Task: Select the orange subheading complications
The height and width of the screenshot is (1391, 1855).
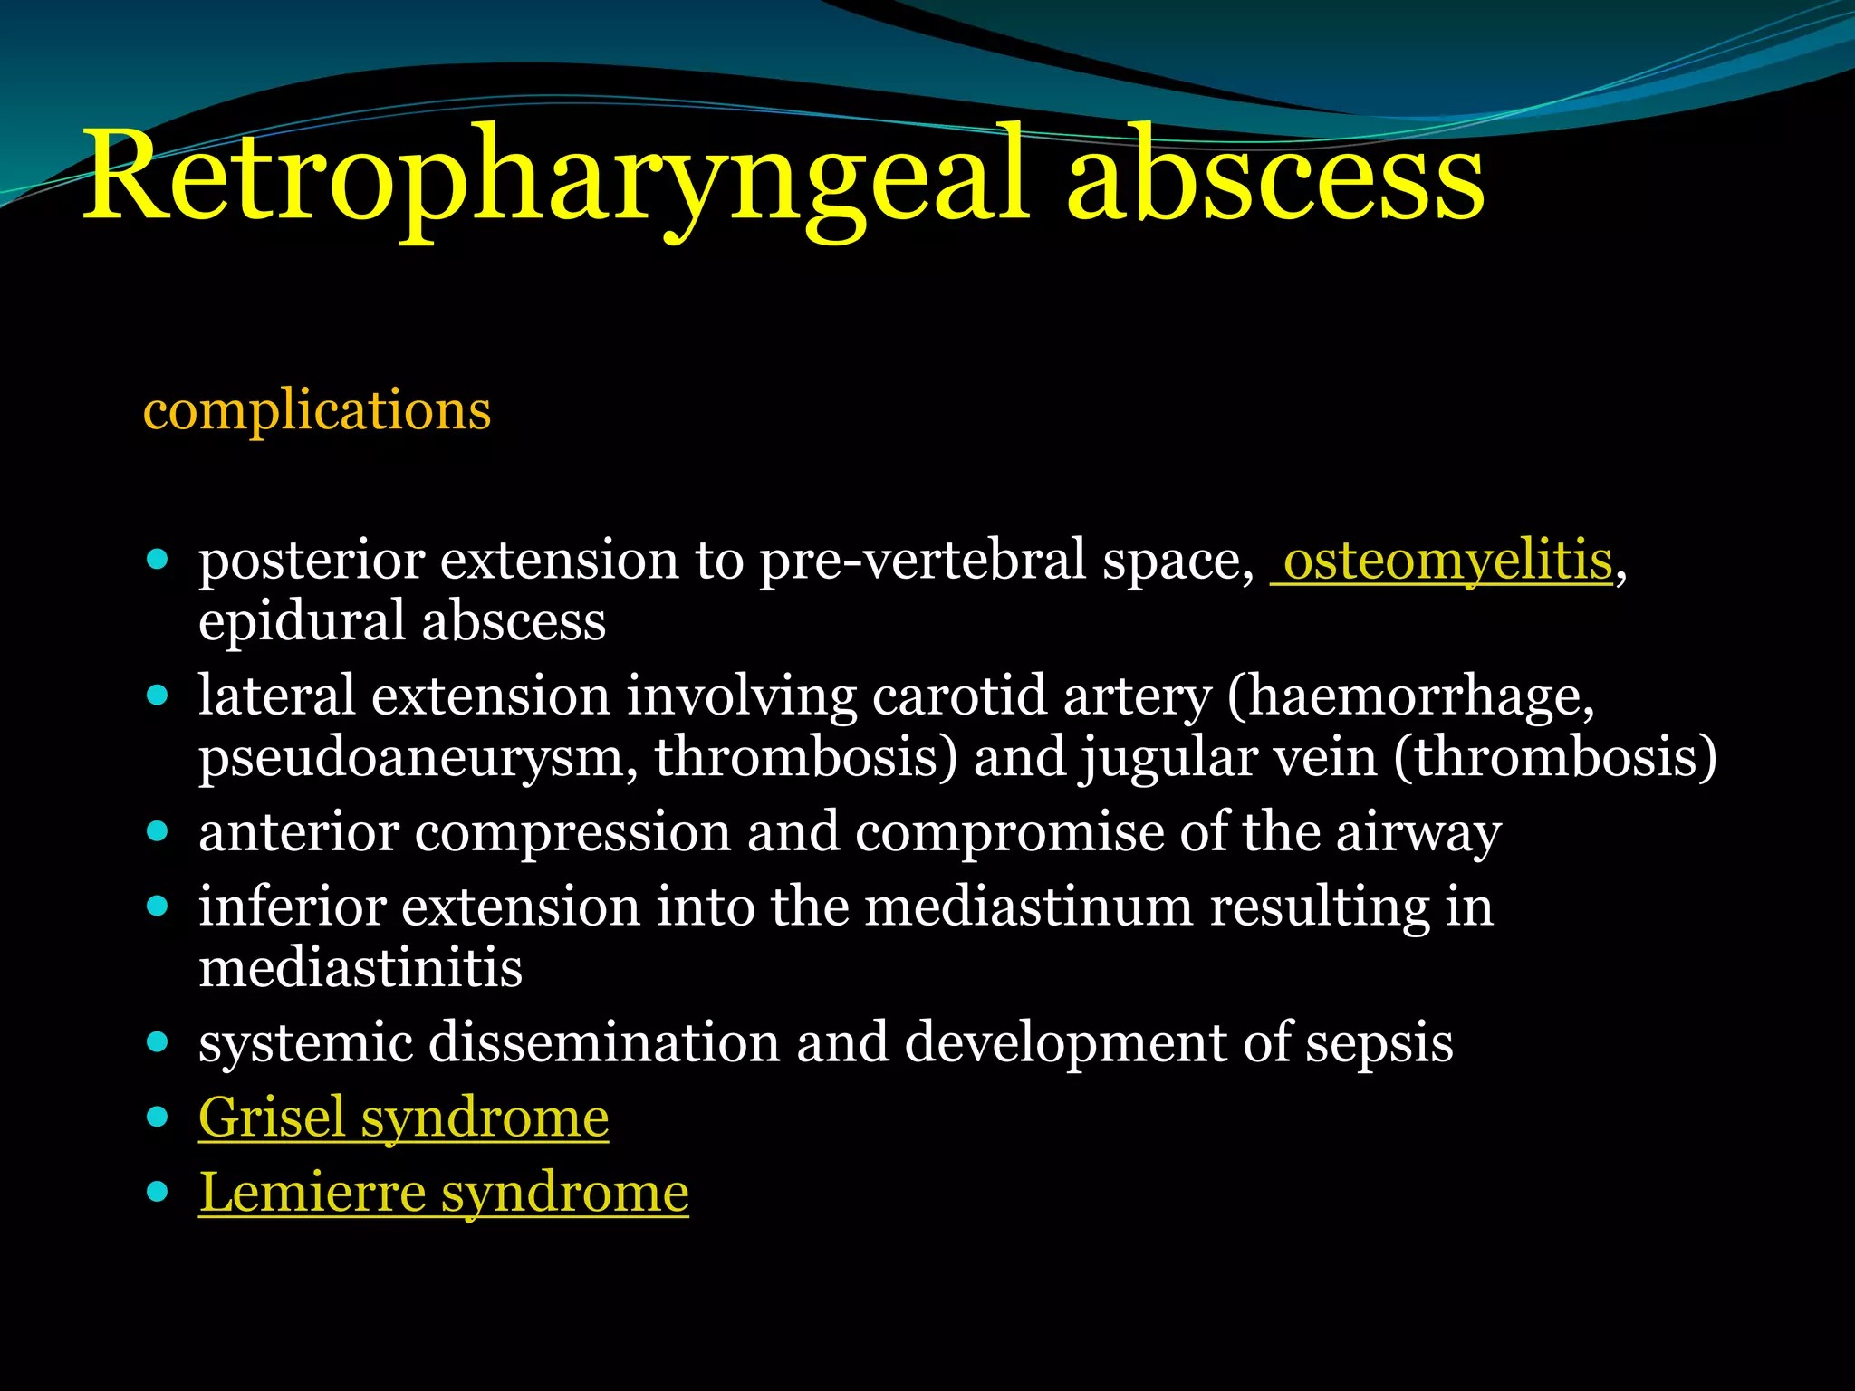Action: click(x=317, y=410)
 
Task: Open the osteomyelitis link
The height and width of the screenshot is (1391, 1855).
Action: click(x=1447, y=561)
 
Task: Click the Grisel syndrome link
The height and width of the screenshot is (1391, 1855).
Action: click(x=403, y=1118)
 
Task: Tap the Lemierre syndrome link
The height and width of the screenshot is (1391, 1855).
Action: click(x=444, y=1193)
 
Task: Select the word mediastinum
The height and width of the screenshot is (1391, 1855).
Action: click(x=1029, y=907)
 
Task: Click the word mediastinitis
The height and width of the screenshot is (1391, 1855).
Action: click(x=360, y=968)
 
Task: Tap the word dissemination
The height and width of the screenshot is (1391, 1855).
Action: click(x=603, y=1042)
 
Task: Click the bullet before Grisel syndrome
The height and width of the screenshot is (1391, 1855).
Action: click(x=158, y=1117)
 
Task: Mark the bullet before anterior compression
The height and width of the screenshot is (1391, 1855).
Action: click(x=158, y=831)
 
